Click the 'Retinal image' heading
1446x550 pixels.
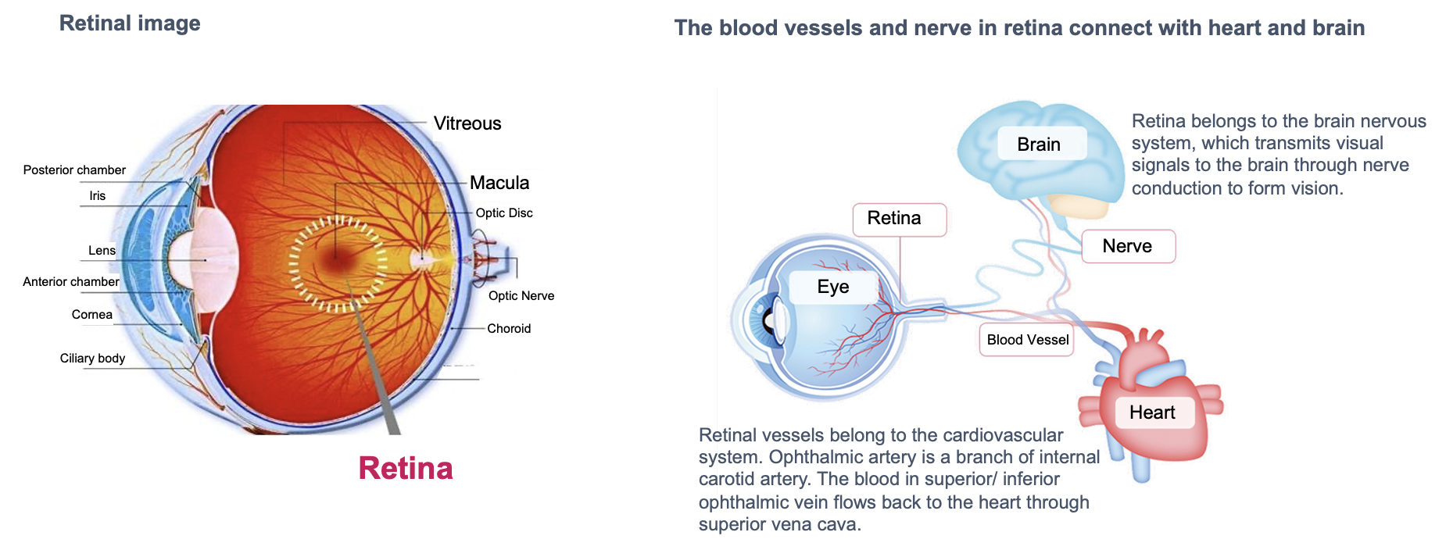pyautogui.click(x=130, y=23)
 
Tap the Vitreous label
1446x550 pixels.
pyautogui.click(x=467, y=123)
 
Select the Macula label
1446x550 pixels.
pyautogui.click(x=499, y=183)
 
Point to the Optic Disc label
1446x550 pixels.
pyautogui.click(x=504, y=213)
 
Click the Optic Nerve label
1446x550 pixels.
pyautogui.click(x=521, y=296)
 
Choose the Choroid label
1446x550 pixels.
pyautogui.click(x=509, y=329)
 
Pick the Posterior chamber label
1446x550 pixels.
pyautogui.click(x=74, y=170)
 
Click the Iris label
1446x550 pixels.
pyautogui.click(x=97, y=196)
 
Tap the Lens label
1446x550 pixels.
pyautogui.click(x=102, y=251)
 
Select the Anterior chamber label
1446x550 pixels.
pyautogui.click(x=71, y=282)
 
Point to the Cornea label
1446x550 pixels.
pyautogui.click(x=92, y=315)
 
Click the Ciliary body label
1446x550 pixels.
pyautogui.click(x=92, y=359)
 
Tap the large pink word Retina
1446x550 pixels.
pyautogui.click(x=406, y=468)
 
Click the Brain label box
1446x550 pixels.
pyautogui.click(x=1040, y=145)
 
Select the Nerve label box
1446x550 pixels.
pyautogui.click(x=1128, y=246)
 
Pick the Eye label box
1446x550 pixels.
pyautogui.click(x=833, y=287)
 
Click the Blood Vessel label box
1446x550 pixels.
pyautogui.click(x=1027, y=340)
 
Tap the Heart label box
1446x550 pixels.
pyautogui.click(x=1152, y=412)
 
